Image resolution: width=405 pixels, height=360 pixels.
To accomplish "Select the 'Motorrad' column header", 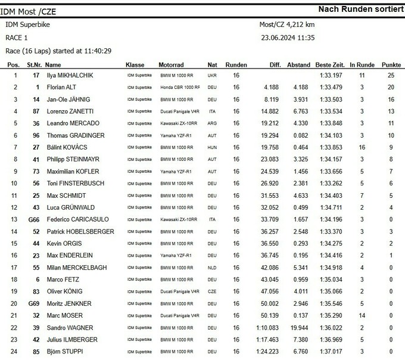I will (175, 64).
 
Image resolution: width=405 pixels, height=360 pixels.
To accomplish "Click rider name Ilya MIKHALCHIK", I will (69, 76).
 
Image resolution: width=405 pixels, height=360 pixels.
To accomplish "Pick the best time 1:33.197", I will (330, 76).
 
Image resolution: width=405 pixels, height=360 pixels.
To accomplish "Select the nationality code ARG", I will (213, 123).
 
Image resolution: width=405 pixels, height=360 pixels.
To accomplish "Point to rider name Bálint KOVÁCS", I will (67, 147).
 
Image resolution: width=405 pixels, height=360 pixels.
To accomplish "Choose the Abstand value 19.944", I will (298, 327).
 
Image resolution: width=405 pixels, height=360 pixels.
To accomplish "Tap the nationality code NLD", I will (213, 268).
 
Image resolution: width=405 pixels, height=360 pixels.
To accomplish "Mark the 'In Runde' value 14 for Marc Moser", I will (362, 315).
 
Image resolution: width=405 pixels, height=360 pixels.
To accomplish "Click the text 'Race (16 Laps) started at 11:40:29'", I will (59, 51).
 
